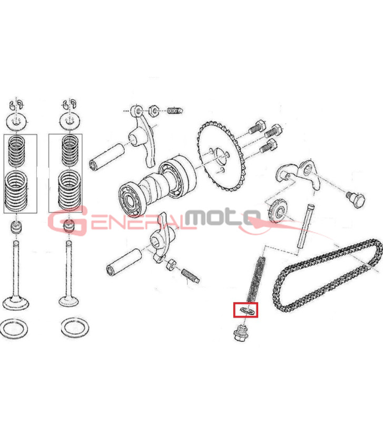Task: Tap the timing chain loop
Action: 327,275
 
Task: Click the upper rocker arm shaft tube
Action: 107,157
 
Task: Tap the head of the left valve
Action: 16,303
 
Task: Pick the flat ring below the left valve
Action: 14,329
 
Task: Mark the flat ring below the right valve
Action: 75,328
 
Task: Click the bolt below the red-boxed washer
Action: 241,333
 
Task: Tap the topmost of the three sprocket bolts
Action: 257,128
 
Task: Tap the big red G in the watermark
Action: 67,220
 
